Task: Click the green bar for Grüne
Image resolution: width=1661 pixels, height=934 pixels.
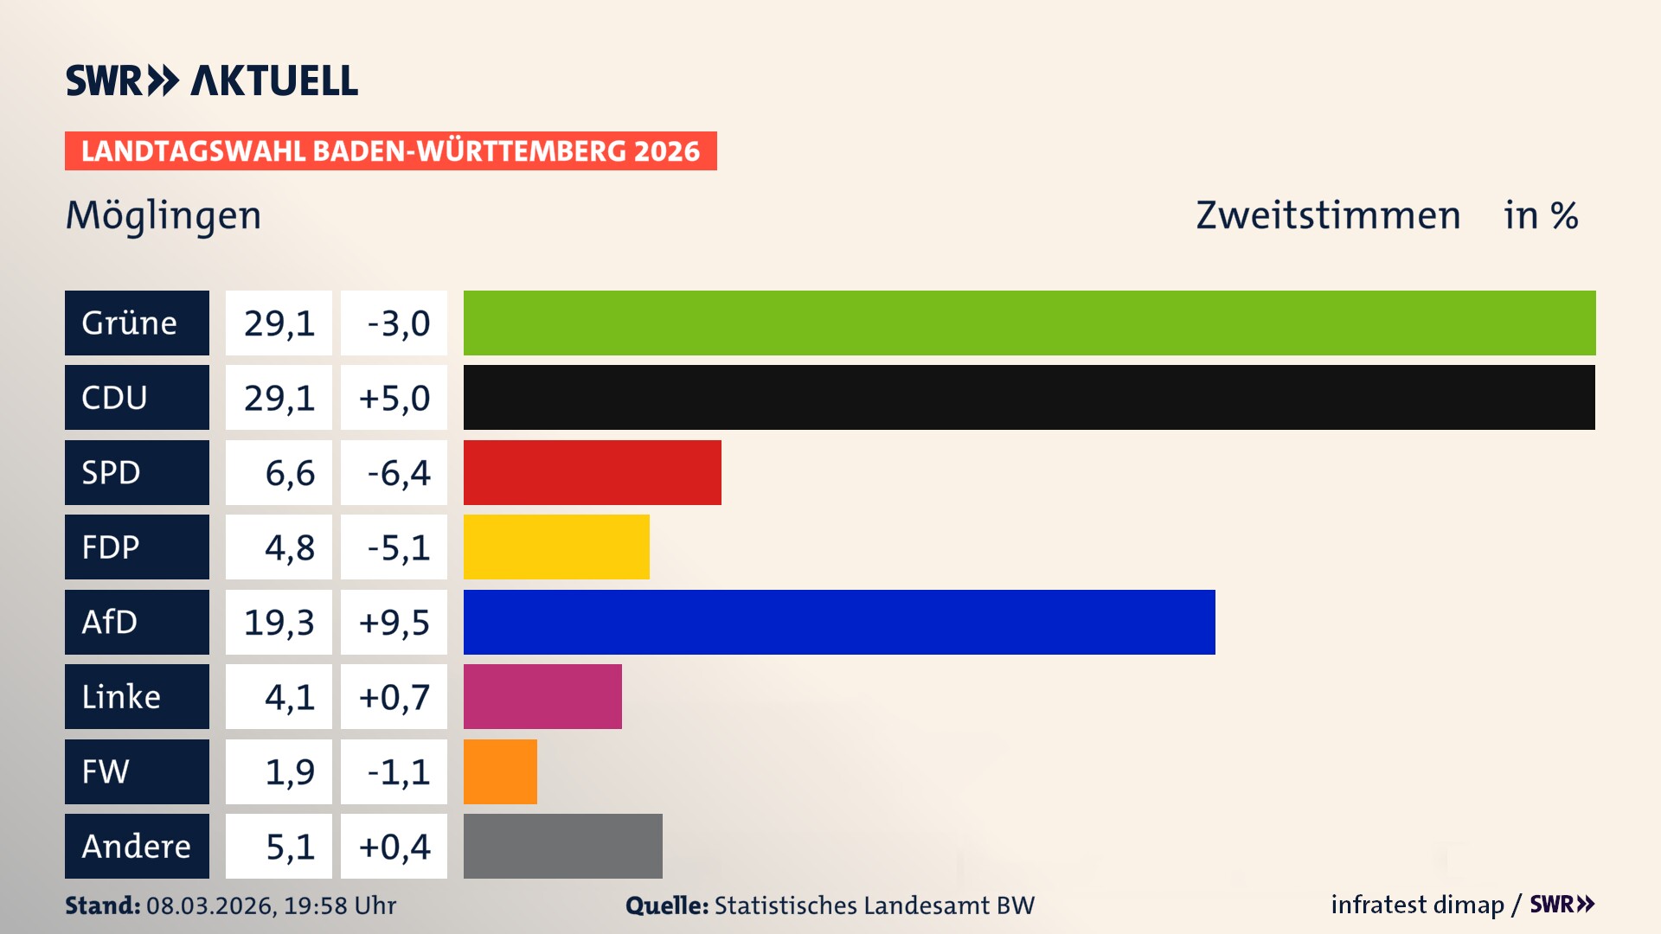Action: pos(1029,323)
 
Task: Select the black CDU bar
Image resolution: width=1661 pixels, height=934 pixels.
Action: pos(1029,397)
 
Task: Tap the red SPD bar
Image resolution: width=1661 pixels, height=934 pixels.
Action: pos(592,472)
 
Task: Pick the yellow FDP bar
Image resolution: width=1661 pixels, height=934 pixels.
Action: pos(556,547)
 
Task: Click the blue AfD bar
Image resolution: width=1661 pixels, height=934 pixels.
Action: pos(839,622)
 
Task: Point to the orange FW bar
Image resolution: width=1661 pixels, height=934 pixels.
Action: pos(500,771)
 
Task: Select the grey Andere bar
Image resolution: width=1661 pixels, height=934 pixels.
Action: pos(562,846)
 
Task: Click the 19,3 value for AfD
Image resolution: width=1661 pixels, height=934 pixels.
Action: pos(279,622)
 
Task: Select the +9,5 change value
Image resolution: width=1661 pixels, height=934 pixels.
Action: pos(394,622)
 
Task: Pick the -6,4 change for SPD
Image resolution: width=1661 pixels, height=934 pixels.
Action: pos(397,472)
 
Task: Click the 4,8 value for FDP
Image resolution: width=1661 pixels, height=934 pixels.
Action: pos(289,547)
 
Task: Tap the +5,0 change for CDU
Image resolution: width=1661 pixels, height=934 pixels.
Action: pos(394,397)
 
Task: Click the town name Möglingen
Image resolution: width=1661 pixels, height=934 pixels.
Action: pos(164,215)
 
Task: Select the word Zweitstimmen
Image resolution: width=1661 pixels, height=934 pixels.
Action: pos(1328,215)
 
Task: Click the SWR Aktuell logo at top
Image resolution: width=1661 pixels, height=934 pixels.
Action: pos(212,80)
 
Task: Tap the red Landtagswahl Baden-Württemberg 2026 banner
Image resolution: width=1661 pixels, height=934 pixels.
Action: pos(390,150)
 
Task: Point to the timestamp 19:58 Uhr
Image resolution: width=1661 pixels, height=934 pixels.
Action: pos(340,905)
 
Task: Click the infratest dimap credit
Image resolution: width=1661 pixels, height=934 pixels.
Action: pos(1416,905)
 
